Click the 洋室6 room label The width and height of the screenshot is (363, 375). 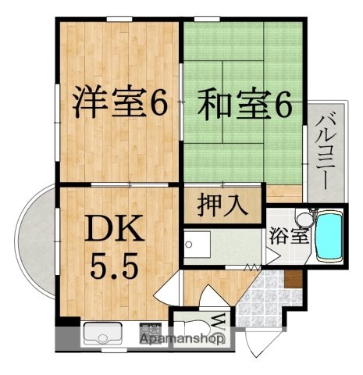tap(121, 103)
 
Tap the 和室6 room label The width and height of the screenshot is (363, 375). tap(244, 103)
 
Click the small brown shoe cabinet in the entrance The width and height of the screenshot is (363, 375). tap(293, 278)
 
